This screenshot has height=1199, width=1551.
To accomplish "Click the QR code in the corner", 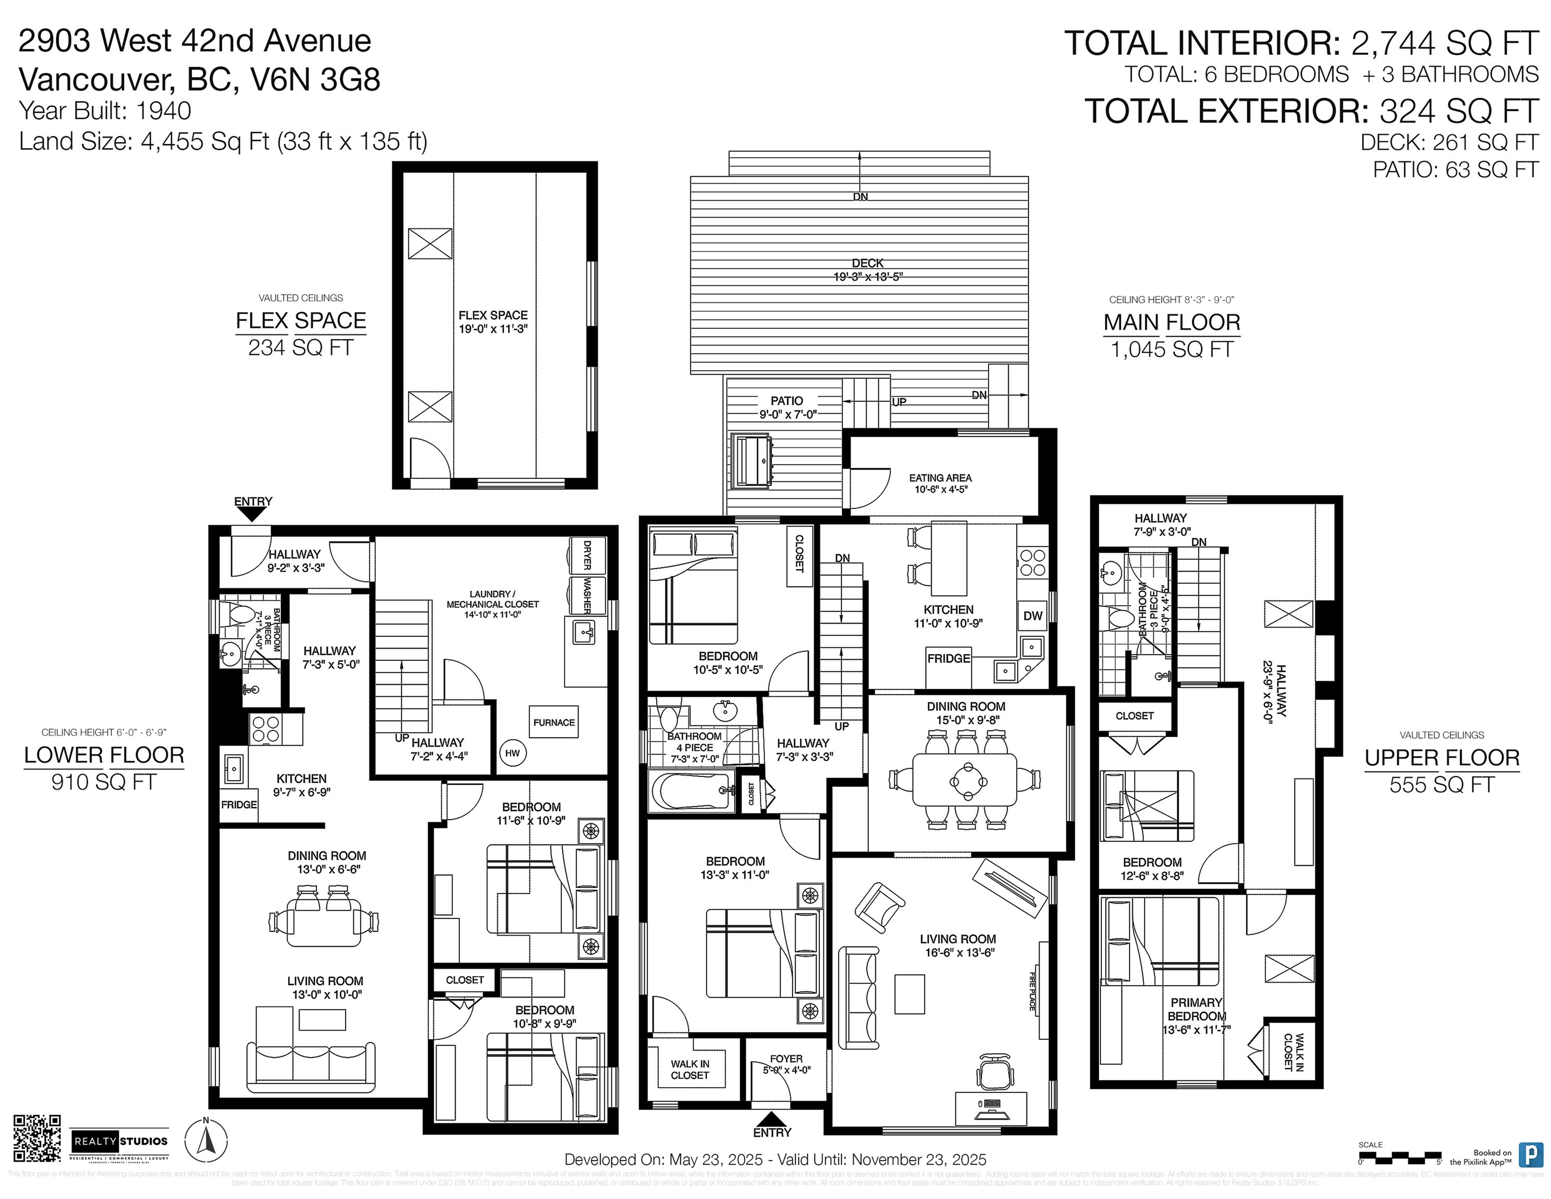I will click(x=37, y=1137).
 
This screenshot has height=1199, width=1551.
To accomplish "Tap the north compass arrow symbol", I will click(x=206, y=1139).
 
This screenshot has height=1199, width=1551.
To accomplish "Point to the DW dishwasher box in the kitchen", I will click(x=1033, y=616).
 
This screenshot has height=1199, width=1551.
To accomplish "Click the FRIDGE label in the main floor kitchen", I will click(x=948, y=658).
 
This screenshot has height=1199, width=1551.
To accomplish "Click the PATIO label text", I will click(x=786, y=401).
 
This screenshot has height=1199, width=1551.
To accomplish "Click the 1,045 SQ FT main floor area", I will click(x=1171, y=350).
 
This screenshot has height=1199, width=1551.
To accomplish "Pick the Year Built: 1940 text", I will click(x=105, y=111).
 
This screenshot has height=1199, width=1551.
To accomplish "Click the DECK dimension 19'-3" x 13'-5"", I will click(x=868, y=277).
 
